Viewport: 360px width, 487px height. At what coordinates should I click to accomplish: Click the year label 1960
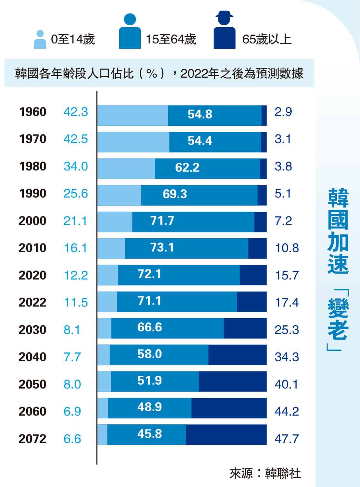pos(33,112)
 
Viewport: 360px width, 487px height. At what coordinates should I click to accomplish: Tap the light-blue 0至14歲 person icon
pos(40,40)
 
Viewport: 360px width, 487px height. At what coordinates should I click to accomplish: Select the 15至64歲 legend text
pos(171,39)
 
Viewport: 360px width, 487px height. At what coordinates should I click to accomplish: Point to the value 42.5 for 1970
pos(76,139)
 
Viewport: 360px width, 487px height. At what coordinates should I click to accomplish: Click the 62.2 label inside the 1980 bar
pos(187,168)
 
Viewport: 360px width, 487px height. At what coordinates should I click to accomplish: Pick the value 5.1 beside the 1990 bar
pos(283,194)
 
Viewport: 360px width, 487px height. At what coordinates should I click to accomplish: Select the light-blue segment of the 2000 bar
pos(115,222)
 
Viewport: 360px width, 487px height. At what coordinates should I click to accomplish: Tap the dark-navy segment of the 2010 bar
pos(257,248)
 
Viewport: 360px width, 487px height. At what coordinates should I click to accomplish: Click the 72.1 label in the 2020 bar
pos(149,274)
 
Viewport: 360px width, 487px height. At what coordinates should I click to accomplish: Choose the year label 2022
pos(32,303)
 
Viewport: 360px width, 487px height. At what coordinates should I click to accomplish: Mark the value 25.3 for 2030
pos(287,330)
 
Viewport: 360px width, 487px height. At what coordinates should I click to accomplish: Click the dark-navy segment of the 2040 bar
pos(237,355)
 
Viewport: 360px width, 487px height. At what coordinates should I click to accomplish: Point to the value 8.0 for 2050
pos(72,384)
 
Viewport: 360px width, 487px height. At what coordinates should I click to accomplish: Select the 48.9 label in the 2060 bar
pos(149,407)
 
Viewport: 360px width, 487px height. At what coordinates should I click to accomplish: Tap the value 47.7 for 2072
pos(287,439)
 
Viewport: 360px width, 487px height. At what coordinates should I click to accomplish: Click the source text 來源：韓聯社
pos(265,473)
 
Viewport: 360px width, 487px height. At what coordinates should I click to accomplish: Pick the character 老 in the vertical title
pos(338,330)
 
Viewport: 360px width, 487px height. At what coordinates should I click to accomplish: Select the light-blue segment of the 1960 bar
pos(133,116)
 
